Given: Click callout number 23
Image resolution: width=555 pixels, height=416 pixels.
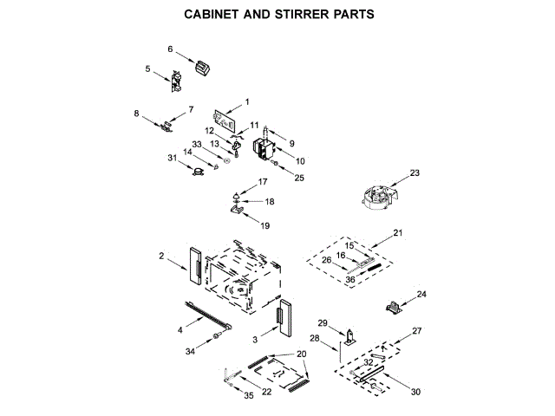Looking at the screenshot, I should [x=415, y=173].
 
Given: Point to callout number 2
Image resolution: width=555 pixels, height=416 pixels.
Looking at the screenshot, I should [x=161, y=256].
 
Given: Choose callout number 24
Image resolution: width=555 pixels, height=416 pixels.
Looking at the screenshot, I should [x=422, y=295].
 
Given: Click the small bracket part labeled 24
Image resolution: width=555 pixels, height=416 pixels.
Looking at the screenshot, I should [x=395, y=306].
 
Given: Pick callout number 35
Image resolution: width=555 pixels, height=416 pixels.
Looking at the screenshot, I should [x=249, y=395].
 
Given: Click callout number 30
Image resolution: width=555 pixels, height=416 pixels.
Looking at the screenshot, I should [x=415, y=393].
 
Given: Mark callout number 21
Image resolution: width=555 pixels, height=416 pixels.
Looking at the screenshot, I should [x=398, y=233].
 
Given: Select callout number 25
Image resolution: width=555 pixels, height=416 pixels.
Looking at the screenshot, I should [x=299, y=179].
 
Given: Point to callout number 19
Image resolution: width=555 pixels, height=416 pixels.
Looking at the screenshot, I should [x=265, y=225].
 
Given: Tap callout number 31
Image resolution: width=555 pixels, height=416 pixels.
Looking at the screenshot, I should [x=173, y=157].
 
